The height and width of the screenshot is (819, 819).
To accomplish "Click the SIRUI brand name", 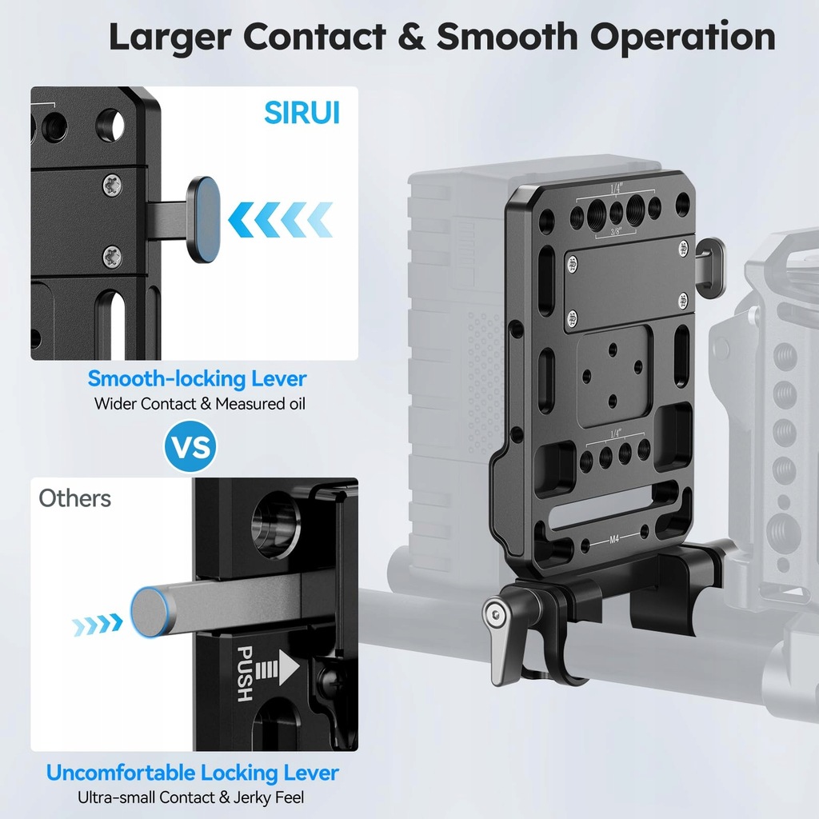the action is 302,113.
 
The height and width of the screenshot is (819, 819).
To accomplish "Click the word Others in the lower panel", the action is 75,498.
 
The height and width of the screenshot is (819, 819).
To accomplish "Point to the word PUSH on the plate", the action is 243,674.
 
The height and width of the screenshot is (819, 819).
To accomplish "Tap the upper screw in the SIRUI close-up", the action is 111,186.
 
